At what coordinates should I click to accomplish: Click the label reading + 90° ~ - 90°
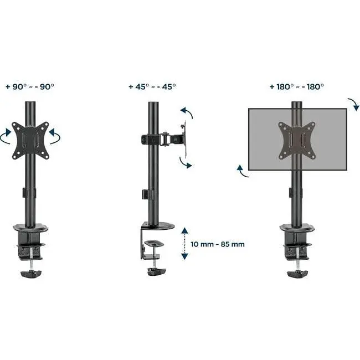[30, 87]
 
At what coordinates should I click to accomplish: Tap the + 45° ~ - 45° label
[152, 87]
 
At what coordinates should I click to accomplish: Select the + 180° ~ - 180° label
[297, 87]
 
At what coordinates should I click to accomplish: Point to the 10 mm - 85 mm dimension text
[218, 244]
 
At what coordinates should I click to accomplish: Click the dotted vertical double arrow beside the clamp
[184, 244]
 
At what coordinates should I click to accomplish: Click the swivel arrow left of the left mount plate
[5, 136]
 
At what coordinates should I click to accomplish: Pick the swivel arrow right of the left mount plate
[55, 136]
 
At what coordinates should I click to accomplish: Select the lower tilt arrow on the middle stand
[185, 163]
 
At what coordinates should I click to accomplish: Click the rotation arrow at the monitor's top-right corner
[354, 104]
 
